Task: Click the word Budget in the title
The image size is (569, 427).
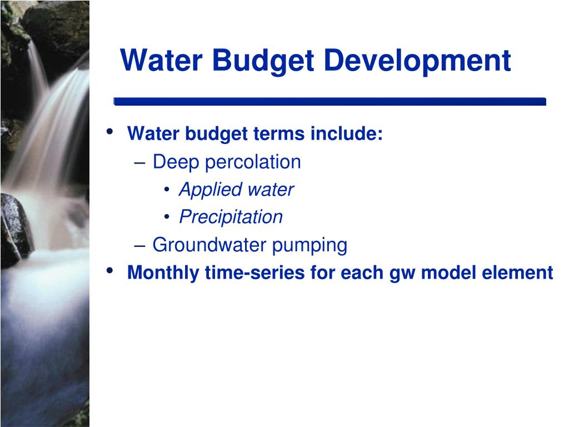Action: [263, 61]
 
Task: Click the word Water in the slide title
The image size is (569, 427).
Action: [161, 60]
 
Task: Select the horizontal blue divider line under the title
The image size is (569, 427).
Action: [330, 101]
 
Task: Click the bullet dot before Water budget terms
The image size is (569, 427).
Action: [109, 131]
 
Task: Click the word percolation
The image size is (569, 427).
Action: [253, 162]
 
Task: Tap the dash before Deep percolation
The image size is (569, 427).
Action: [139, 163]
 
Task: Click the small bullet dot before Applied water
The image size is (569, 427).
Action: [167, 189]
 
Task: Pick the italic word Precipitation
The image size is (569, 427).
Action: [231, 217]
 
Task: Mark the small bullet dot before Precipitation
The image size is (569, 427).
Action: [167, 217]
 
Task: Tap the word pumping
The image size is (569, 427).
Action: [310, 246]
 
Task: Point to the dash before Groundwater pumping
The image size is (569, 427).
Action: [139, 246]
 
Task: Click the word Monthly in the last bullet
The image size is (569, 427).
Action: [163, 273]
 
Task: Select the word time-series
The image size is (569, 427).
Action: [254, 272]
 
